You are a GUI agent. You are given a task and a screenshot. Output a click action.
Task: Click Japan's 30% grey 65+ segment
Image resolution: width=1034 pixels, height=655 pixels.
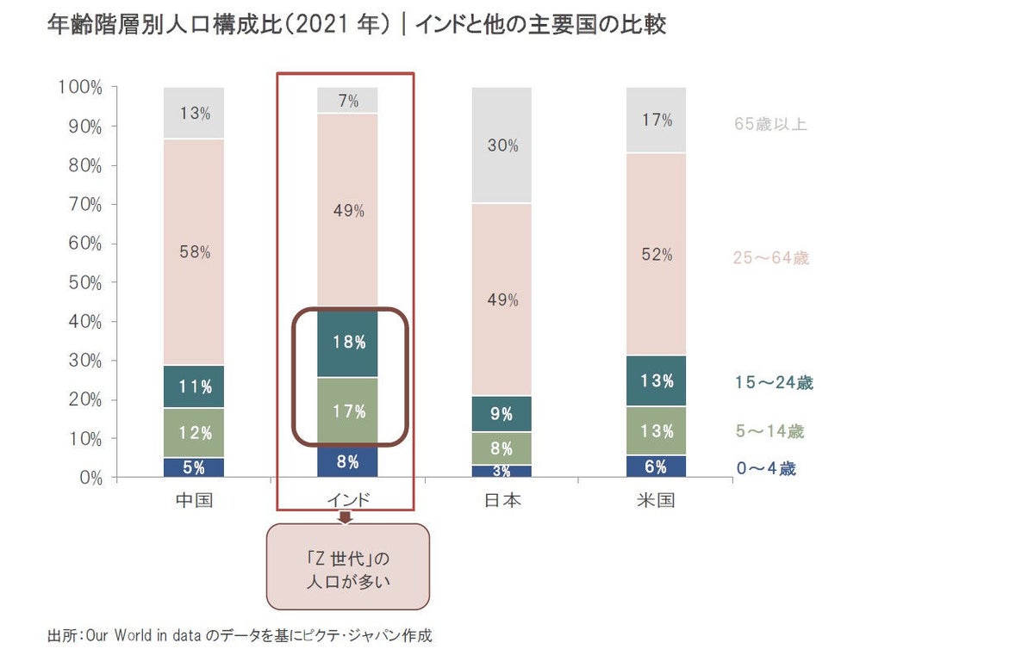pyautogui.click(x=501, y=145)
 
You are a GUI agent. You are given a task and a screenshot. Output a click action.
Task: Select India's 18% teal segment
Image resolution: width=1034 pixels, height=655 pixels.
pyautogui.click(x=348, y=343)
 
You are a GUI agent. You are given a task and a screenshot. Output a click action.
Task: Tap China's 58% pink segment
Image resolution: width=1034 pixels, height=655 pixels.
pyautogui.click(x=194, y=253)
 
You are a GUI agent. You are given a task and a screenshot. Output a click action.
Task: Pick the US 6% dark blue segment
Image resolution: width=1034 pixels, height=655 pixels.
pyautogui.click(x=656, y=467)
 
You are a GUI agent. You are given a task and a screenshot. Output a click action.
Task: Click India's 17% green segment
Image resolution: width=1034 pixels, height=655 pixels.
pyautogui.click(x=348, y=411)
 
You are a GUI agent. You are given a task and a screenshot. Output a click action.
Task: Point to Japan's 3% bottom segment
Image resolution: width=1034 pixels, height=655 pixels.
pyautogui.click(x=501, y=471)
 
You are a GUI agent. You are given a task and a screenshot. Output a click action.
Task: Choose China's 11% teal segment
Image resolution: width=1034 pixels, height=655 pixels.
pyautogui.click(x=194, y=386)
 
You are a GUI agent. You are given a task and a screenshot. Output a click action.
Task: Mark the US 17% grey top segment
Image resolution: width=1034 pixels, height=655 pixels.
pyautogui.click(x=656, y=120)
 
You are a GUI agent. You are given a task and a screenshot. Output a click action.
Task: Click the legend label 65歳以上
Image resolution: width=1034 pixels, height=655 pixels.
pyautogui.click(x=770, y=124)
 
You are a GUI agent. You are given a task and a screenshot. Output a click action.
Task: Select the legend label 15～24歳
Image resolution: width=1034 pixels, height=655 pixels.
pyautogui.click(x=773, y=383)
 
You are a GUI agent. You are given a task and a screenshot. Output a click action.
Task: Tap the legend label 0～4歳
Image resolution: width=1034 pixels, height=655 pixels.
pyautogui.click(x=765, y=470)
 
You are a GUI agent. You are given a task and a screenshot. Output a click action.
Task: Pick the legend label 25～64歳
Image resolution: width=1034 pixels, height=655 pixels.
pyautogui.click(x=770, y=257)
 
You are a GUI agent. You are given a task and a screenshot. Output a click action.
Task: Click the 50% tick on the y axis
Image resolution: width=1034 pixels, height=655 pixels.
pyautogui.click(x=79, y=282)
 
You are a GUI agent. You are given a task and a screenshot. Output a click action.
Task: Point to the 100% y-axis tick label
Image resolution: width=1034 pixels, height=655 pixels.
pyautogui.click(x=79, y=87)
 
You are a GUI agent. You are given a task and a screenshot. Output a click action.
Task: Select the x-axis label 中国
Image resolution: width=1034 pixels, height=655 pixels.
pyautogui.click(x=194, y=500)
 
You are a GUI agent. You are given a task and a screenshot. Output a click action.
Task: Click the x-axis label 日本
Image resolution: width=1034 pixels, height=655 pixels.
pyautogui.click(x=501, y=500)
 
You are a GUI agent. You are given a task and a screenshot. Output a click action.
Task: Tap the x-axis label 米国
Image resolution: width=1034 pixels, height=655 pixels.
pyautogui.click(x=656, y=500)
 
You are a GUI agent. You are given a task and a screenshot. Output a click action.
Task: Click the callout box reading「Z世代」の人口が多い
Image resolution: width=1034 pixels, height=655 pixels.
pyautogui.click(x=348, y=565)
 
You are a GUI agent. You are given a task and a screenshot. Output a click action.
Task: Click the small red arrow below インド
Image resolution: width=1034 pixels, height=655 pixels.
pyautogui.click(x=346, y=517)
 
